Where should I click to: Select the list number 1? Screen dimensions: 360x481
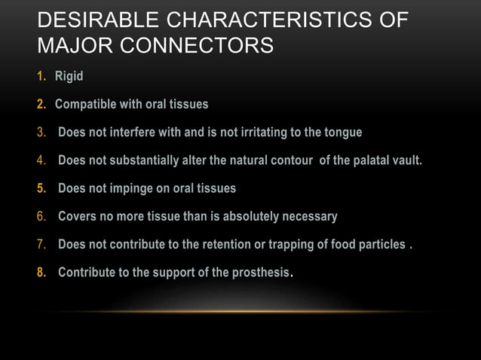point(41,76)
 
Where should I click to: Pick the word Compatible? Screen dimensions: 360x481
point(86,104)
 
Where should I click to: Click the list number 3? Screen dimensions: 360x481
point(41,133)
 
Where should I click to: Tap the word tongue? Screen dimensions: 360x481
point(342,133)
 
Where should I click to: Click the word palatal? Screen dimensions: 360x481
point(360,160)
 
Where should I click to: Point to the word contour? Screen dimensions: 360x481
point(293,160)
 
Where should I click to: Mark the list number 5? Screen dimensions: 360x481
point(41,188)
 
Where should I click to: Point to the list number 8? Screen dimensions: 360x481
point(41,273)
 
